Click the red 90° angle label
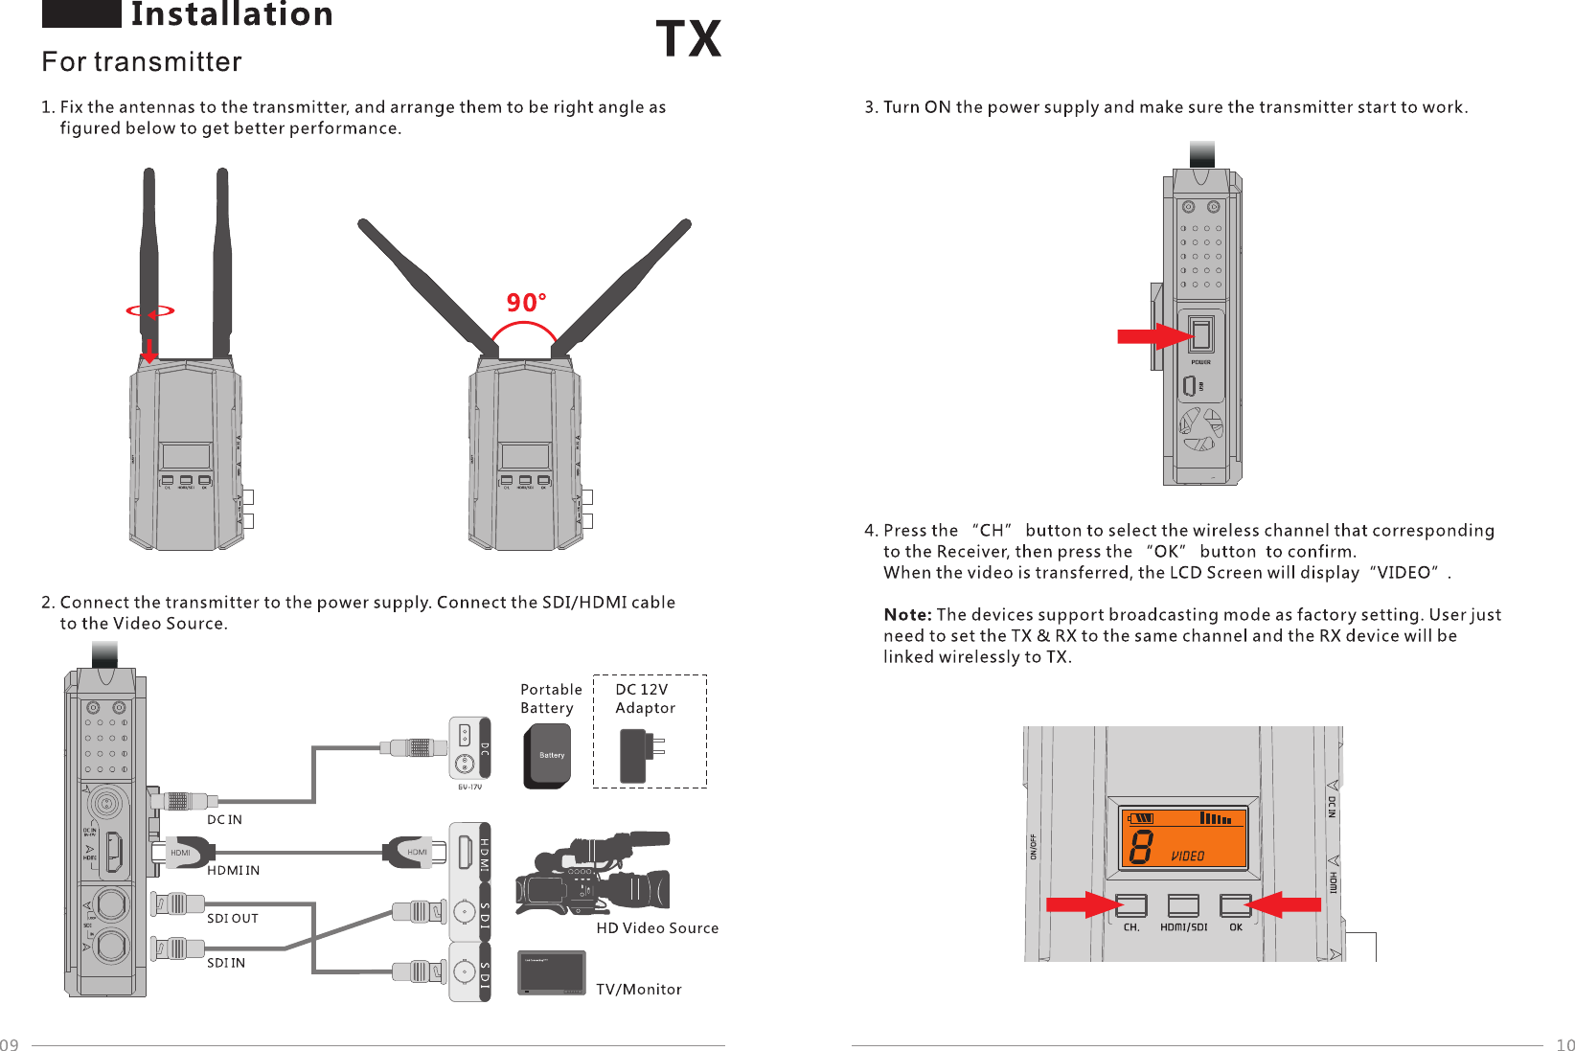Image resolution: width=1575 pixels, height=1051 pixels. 526,303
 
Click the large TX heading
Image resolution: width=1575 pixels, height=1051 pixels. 688,40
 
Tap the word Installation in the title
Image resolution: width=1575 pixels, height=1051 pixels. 232,15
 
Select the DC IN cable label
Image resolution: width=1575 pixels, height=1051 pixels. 224,820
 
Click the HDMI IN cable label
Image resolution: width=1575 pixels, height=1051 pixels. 233,871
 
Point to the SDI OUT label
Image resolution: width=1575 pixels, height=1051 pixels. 232,919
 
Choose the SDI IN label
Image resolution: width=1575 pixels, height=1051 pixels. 226,964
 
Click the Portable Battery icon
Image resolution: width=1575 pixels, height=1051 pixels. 547,755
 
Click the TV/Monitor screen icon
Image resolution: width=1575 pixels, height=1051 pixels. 551,973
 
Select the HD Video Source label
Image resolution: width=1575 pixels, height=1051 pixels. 657,928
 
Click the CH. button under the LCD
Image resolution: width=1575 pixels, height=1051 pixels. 1131,905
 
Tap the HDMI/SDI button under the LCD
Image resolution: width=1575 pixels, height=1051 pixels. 1183,905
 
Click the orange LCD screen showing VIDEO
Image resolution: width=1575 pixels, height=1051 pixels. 1184,837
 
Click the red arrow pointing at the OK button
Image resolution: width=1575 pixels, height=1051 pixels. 1284,904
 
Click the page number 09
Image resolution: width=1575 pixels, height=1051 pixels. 10,1044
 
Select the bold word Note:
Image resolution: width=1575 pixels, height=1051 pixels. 907,615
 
